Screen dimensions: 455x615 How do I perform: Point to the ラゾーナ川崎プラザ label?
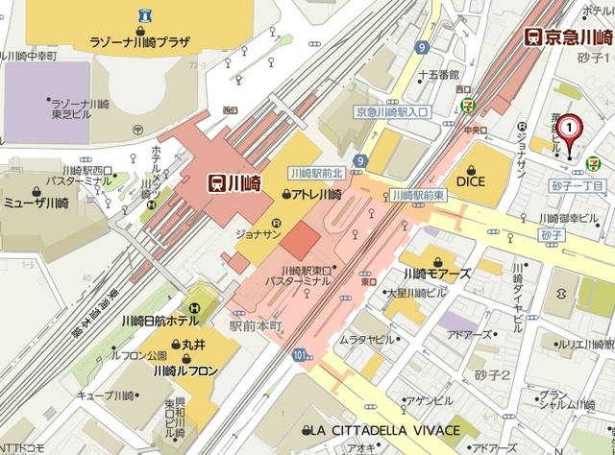pyautogui.click(x=139, y=43)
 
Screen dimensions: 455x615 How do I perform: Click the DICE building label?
pyautogui.click(x=471, y=180)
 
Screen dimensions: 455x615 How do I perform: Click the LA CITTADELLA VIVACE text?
pyautogui.click(x=381, y=429)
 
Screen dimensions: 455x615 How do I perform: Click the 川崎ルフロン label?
pyautogui.click(x=184, y=370)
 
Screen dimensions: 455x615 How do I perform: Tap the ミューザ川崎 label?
pyautogui.click(x=36, y=202)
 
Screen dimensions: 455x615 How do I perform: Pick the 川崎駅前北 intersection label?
pyautogui.click(x=314, y=173)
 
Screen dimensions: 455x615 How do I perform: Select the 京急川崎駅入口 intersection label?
pyautogui.click(x=394, y=111)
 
